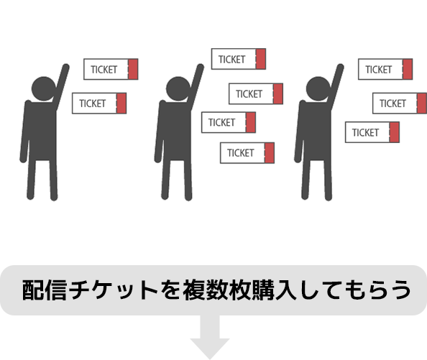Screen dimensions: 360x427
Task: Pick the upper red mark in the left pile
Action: coord(133,67)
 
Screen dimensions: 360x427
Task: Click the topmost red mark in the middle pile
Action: coord(261,59)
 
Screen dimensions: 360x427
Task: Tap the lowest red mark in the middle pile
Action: coord(269,153)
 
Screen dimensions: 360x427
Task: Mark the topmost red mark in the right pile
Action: coord(407,68)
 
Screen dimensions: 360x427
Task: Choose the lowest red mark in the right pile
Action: coord(394,132)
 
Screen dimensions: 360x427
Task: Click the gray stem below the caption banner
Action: coord(210,338)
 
